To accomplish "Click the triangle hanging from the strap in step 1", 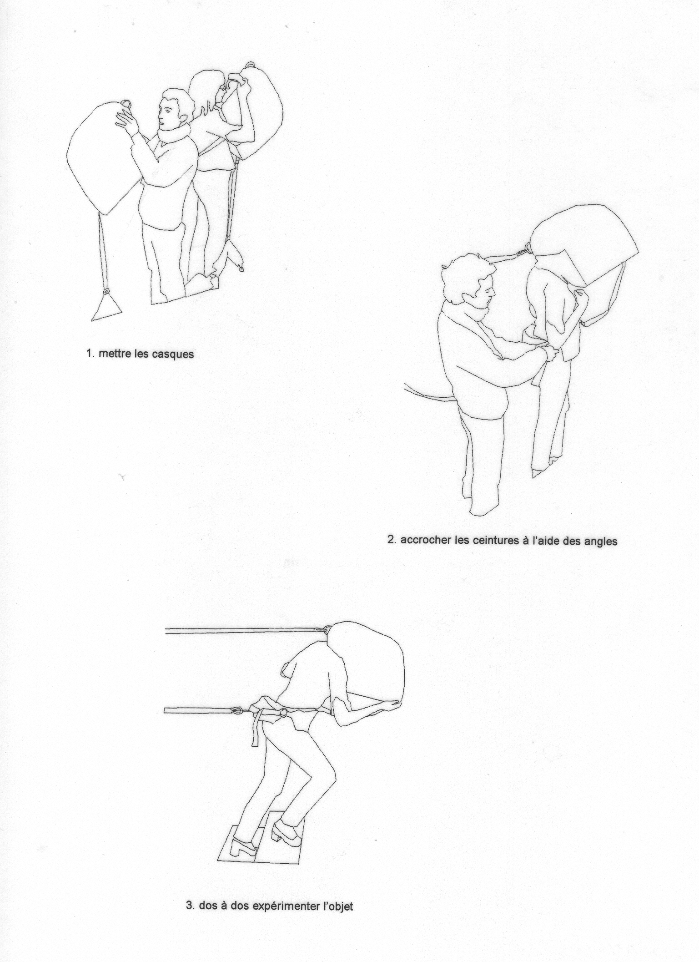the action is coord(107,308).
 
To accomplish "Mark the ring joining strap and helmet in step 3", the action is coord(327,631).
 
